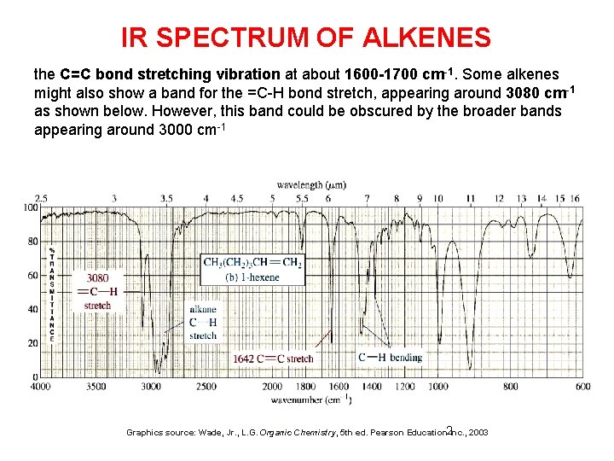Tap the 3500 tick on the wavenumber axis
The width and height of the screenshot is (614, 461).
click(96, 387)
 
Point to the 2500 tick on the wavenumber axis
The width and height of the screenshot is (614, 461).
click(206, 387)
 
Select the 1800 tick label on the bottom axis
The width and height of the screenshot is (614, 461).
click(304, 387)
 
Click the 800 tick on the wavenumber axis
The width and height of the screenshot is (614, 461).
click(510, 387)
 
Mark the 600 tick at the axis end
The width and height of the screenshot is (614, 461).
click(582, 387)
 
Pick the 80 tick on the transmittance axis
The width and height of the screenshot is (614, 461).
click(32, 242)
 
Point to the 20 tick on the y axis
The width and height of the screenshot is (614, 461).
click(32, 343)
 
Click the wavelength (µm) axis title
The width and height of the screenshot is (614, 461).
click(311, 184)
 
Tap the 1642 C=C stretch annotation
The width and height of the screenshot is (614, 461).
click(273, 359)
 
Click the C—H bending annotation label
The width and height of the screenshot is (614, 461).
click(390, 357)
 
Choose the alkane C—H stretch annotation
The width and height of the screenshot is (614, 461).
click(203, 323)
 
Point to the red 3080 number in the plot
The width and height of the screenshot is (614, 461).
click(97, 277)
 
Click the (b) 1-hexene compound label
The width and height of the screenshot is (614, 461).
click(252, 277)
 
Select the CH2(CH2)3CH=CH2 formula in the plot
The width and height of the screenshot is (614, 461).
click(252, 263)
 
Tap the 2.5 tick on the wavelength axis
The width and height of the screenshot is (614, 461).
click(40, 198)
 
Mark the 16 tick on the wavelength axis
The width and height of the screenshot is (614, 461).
click(575, 198)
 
